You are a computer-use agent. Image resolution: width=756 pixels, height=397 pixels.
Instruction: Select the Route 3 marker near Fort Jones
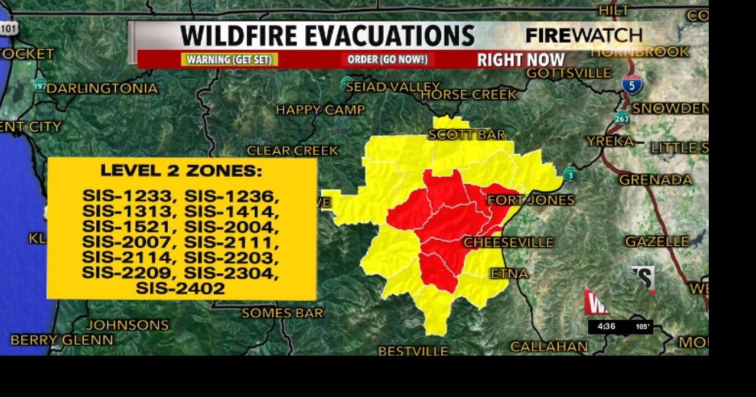coord(571,175)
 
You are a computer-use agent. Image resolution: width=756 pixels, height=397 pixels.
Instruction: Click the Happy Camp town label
coord(320,110)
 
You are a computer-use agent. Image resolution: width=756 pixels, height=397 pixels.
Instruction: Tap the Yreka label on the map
coord(610,141)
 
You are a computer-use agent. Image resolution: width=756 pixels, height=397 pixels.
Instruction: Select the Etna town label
coord(510,274)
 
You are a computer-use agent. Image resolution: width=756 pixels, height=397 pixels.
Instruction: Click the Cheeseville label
coord(509,243)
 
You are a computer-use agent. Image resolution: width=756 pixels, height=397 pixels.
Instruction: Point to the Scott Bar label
coord(467,135)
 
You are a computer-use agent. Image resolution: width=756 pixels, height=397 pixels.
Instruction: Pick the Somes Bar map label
coord(282,313)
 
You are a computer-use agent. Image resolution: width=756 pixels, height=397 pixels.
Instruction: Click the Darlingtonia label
coord(102,89)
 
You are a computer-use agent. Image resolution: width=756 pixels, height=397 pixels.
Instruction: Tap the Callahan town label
coord(549,347)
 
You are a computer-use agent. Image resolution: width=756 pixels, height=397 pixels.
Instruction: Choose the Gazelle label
coord(657,242)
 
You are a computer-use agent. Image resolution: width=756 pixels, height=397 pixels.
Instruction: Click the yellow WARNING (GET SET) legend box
coord(230,60)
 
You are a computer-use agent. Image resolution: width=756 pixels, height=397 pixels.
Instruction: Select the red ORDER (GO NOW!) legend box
coord(387,60)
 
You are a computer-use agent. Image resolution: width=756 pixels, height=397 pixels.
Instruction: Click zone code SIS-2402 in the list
coord(180,289)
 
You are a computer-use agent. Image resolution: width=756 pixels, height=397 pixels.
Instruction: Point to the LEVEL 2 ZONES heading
coord(181,171)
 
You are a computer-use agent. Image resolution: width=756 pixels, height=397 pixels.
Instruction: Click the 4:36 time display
coord(607,327)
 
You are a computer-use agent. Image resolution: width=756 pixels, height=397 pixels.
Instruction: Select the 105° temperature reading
coord(643,327)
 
